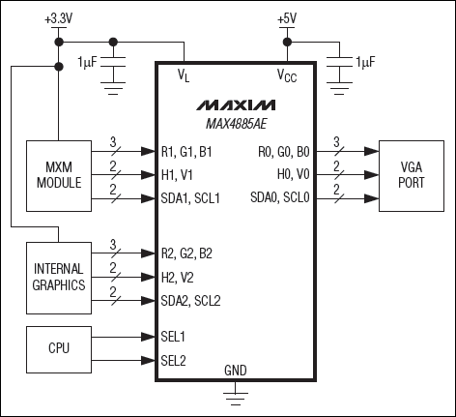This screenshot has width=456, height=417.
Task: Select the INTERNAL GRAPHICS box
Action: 57,278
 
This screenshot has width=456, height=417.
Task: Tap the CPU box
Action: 57,346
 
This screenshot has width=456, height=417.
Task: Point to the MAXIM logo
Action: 235,104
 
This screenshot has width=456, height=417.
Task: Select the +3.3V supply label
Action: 59,16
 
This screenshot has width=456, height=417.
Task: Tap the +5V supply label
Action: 286,16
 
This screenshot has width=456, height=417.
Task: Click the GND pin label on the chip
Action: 235,371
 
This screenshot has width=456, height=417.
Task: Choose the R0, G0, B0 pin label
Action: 281,151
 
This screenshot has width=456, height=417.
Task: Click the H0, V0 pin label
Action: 292,175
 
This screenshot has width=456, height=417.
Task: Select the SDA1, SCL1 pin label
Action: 194,199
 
